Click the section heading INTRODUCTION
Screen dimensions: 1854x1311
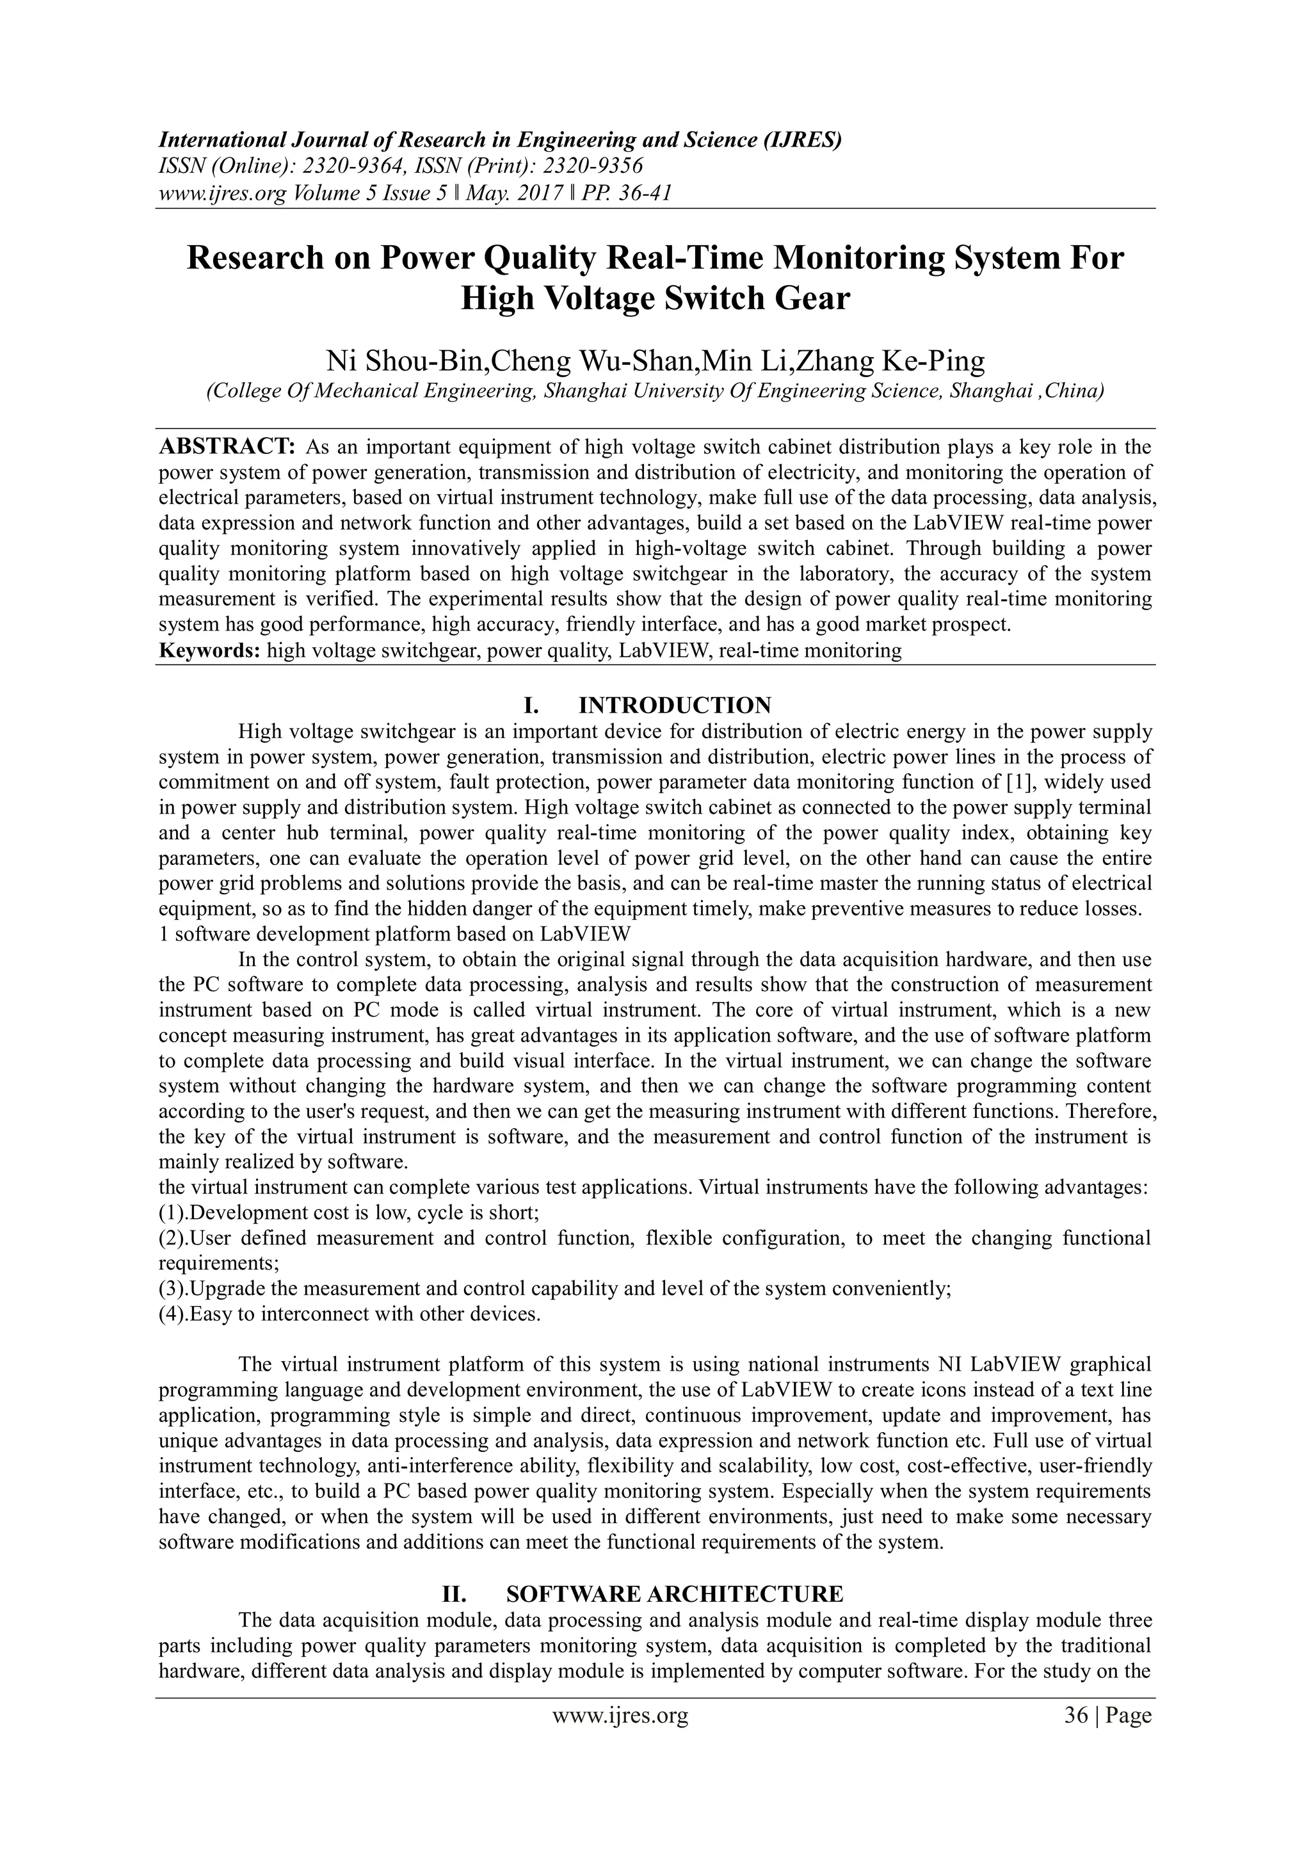click(675, 705)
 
